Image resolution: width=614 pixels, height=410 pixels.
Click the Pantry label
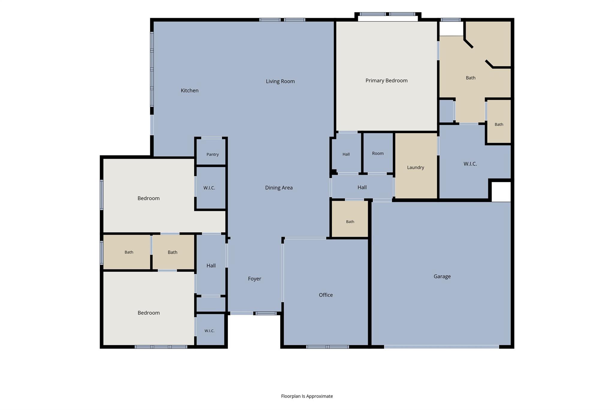[x=213, y=154]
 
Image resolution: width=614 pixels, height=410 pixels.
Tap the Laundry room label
[x=416, y=168]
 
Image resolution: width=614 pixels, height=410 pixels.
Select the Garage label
[x=442, y=276]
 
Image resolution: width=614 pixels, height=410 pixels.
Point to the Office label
[x=326, y=295]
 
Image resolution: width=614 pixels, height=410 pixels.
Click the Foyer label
[x=255, y=279]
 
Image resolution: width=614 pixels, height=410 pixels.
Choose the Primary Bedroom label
[x=386, y=80]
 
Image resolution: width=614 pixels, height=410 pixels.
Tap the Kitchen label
[x=189, y=90]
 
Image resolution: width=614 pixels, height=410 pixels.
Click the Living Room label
[x=280, y=81]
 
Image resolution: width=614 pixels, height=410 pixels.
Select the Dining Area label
[x=279, y=188]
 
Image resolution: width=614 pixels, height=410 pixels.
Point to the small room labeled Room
[x=378, y=153]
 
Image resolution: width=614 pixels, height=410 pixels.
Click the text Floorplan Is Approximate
[x=307, y=396]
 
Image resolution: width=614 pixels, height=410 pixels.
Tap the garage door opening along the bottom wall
[x=442, y=347]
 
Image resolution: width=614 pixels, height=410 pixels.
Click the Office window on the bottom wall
[x=328, y=347]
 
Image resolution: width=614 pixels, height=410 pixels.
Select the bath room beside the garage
[x=350, y=219]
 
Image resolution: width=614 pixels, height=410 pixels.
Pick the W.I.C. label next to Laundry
[x=470, y=164]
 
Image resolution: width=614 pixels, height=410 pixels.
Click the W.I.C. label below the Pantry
[x=209, y=188]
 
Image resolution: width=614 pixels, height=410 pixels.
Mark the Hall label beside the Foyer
[x=211, y=266]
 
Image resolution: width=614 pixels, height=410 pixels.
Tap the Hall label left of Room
[x=346, y=154]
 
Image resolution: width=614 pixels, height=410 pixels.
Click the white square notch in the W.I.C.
[x=501, y=192]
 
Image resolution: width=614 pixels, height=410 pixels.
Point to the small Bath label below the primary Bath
[x=499, y=125]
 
